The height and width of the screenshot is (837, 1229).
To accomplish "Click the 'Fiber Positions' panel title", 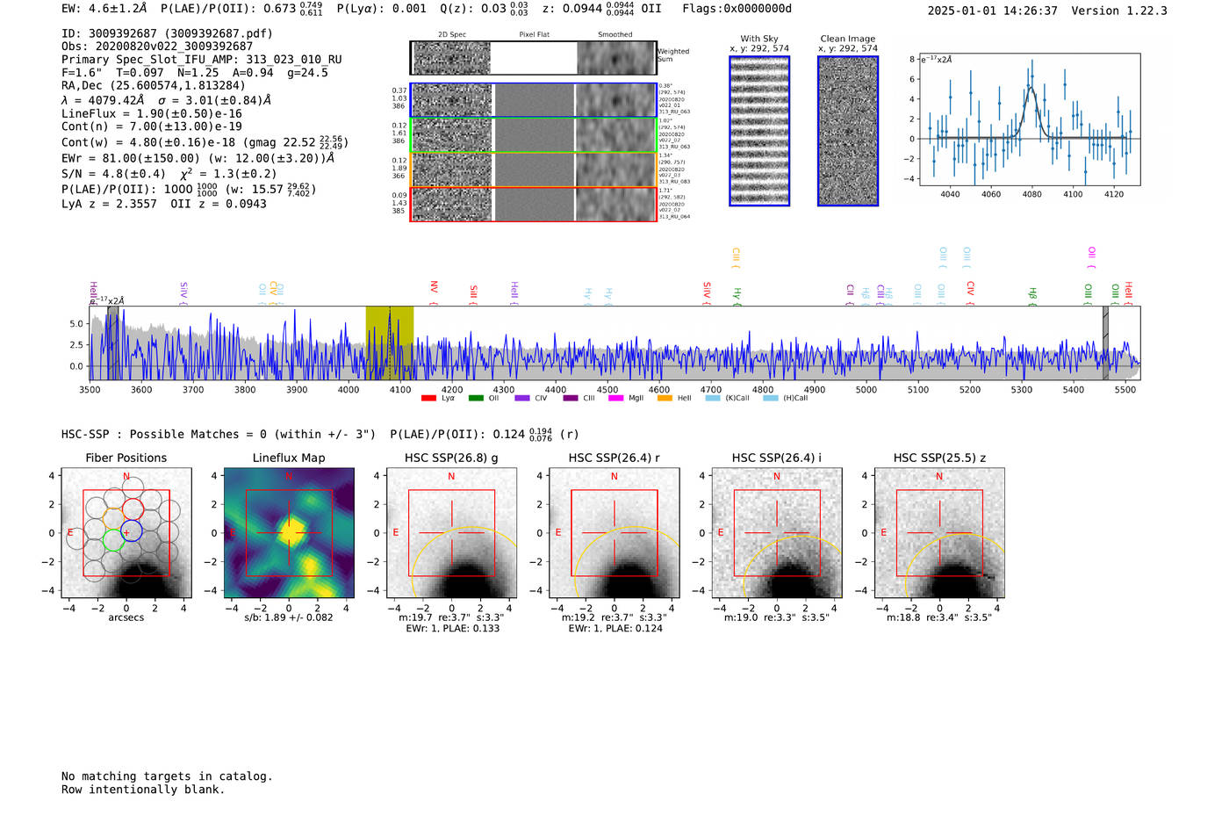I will pos(126,458).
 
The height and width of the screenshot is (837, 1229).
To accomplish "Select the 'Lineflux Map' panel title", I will pos(289,458).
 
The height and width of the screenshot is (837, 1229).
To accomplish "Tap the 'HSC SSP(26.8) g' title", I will pos(451,458).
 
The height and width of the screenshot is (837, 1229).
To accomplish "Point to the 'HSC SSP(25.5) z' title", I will pos(939,458).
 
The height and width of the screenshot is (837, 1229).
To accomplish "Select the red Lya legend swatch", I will pos(428,399).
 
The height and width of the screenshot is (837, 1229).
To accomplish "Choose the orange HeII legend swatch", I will pos(665,399).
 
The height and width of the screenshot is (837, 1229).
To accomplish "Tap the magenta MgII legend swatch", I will pos(615,399).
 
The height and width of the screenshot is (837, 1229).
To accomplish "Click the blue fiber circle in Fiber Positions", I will pos(132,531).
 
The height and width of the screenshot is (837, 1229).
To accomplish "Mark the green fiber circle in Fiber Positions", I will pos(112,539).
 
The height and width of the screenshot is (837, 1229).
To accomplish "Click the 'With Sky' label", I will pos(759,39).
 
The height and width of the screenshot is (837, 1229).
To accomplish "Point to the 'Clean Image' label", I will pos(847,39).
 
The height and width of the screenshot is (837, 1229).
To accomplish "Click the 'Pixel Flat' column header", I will pos(534,35).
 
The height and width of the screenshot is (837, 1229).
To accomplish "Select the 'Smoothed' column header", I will pos(614,35).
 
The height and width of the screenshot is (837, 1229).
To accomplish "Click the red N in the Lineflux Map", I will pos(289,476).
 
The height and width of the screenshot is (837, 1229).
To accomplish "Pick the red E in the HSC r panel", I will pos(558,532).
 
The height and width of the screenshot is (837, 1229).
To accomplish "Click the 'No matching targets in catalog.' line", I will pos(167,776).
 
